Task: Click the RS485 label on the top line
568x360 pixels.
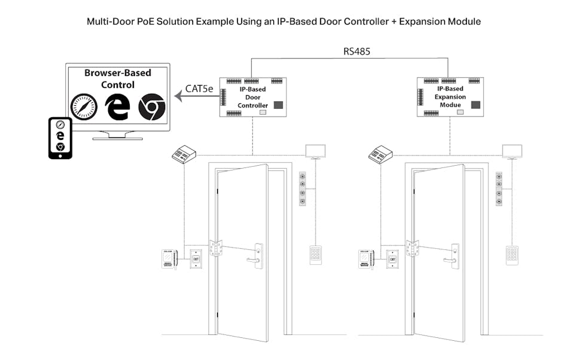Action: tap(356, 51)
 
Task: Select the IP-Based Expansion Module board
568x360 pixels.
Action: tap(450, 96)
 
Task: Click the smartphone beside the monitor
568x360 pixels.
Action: tap(60, 138)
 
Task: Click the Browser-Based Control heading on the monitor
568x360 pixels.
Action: tap(117, 79)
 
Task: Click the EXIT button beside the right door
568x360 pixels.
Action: tap(392, 258)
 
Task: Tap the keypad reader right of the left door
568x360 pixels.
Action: tap(316, 255)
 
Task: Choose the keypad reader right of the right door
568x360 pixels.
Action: tap(512, 255)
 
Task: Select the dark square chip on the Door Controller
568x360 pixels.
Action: tap(279, 105)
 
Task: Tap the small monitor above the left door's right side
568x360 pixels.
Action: tap(316, 151)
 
